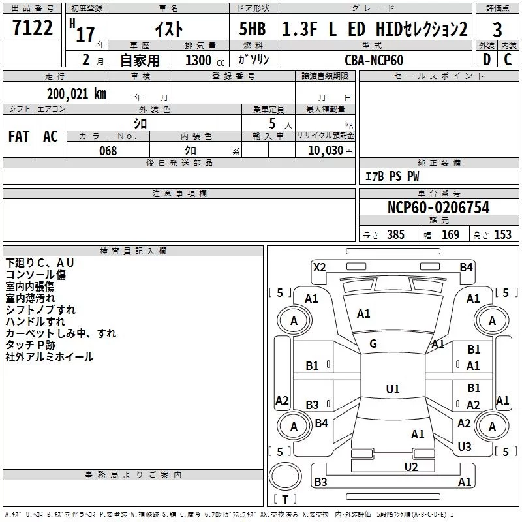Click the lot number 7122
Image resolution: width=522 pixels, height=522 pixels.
point(33,27)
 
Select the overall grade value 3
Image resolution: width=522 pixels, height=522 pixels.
point(497,30)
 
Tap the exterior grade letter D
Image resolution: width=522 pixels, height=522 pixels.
point(487,59)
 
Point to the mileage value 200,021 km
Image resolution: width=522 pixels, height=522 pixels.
point(76,94)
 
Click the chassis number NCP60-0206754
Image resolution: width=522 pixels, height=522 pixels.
point(438,207)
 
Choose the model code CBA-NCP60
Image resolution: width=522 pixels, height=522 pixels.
point(374,60)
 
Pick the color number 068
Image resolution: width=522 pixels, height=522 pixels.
point(108,151)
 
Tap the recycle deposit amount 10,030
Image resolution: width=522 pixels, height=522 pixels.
point(325,150)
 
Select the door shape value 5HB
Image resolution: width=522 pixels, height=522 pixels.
point(253,29)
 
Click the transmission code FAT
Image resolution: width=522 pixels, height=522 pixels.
point(19,136)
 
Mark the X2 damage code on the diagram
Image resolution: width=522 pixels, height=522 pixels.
point(319,268)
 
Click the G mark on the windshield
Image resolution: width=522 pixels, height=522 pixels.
point(373,344)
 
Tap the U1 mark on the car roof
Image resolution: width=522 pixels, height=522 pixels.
point(393,389)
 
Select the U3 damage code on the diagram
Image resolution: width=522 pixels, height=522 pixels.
point(465,446)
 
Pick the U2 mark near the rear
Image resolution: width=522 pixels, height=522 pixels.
point(411,467)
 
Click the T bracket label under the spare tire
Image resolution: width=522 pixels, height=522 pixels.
point(285,499)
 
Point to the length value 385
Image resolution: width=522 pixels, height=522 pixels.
point(395,234)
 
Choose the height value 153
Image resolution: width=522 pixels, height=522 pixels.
point(502,234)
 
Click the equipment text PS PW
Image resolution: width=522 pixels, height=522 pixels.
point(404,176)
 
